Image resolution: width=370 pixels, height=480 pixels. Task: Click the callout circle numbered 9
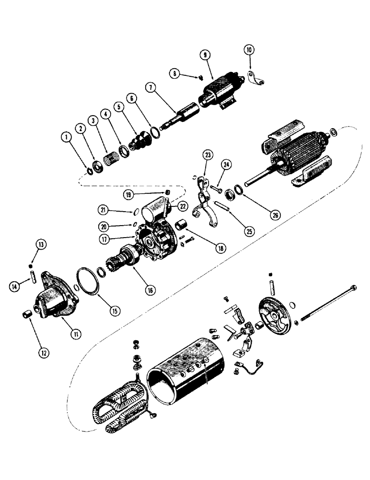point(205,56)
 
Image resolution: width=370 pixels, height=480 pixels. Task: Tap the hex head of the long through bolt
point(354,288)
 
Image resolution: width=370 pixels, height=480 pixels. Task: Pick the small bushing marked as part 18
point(181,225)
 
